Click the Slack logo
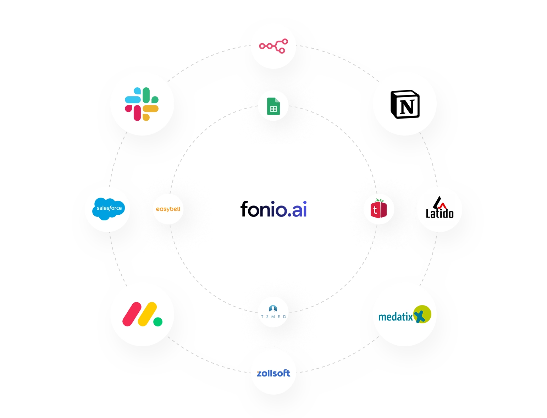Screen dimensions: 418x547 (x=142, y=104)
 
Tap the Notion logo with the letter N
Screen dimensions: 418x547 (x=405, y=104)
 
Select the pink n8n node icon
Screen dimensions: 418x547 (x=273, y=46)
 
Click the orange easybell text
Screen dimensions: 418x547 (x=168, y=209)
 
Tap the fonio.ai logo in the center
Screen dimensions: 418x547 (x=273, y=209)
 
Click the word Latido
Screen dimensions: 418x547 (x=440, y=214)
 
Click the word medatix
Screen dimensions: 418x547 (x=396, y=316)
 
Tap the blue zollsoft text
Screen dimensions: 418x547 (x=273, y=373)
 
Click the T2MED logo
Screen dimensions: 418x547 (x=273, y=312)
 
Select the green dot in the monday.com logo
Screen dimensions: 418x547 (x=158, y=321)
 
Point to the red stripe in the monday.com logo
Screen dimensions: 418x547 (x=132, y=314)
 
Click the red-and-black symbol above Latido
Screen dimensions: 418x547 (x=440, y=203)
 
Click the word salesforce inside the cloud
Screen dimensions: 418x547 (x=109, y=208)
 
